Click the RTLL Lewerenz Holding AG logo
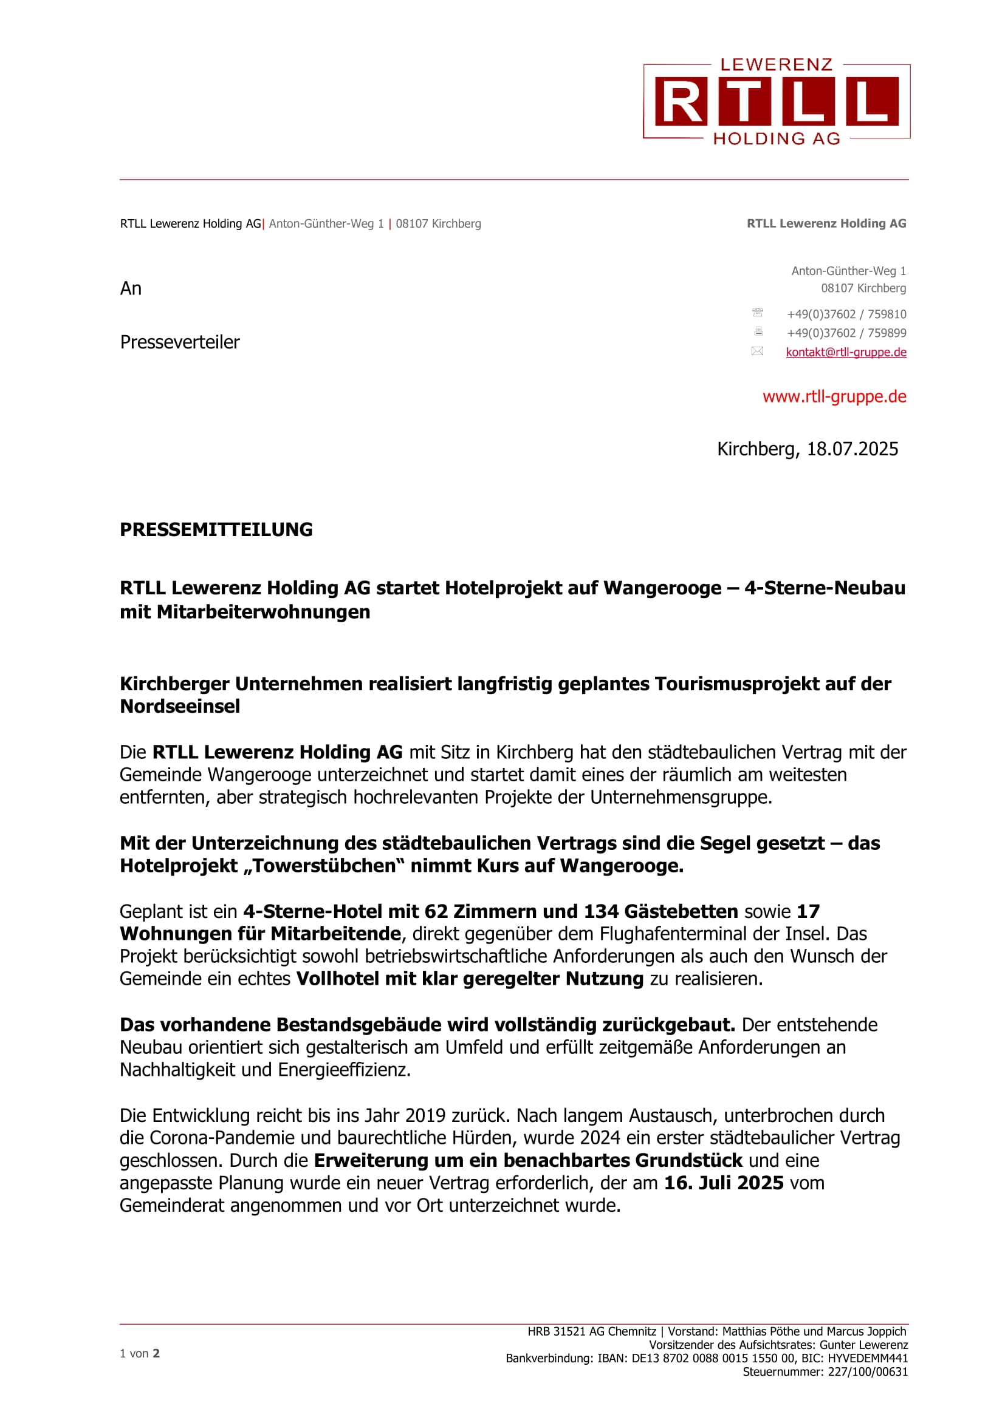click(x=776, y=101)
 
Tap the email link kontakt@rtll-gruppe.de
click(x=845, y=352)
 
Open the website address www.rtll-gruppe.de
click(x=834, y=396)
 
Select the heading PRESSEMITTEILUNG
click(x=216, y=529)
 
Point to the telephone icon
click(x=758, y=312)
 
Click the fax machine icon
click(x=758, y=331)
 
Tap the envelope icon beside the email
click(x=758, y=352)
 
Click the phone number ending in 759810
click(x=846, y=314)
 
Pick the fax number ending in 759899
click(x=846, y=333)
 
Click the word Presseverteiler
click(x=179, y=342)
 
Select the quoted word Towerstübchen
click(x=324, y=866)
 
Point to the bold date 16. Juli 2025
click(x=724, y=1183)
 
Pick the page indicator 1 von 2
click(x=140, y=1353)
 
